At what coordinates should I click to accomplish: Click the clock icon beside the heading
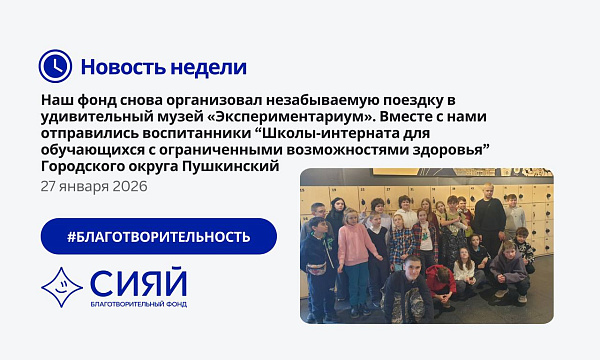pyautogui.click(x=55, y=66)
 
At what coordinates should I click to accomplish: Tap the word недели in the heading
pyautogui.click(x=209, y=67)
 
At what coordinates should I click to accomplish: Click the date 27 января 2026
pyautogui.click(x=94, y=186)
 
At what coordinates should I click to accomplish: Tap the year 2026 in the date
pyautogui.click(x=129, y=186)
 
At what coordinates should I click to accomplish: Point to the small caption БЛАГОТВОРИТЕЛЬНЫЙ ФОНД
pyautogui.click(x=137, y=304)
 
